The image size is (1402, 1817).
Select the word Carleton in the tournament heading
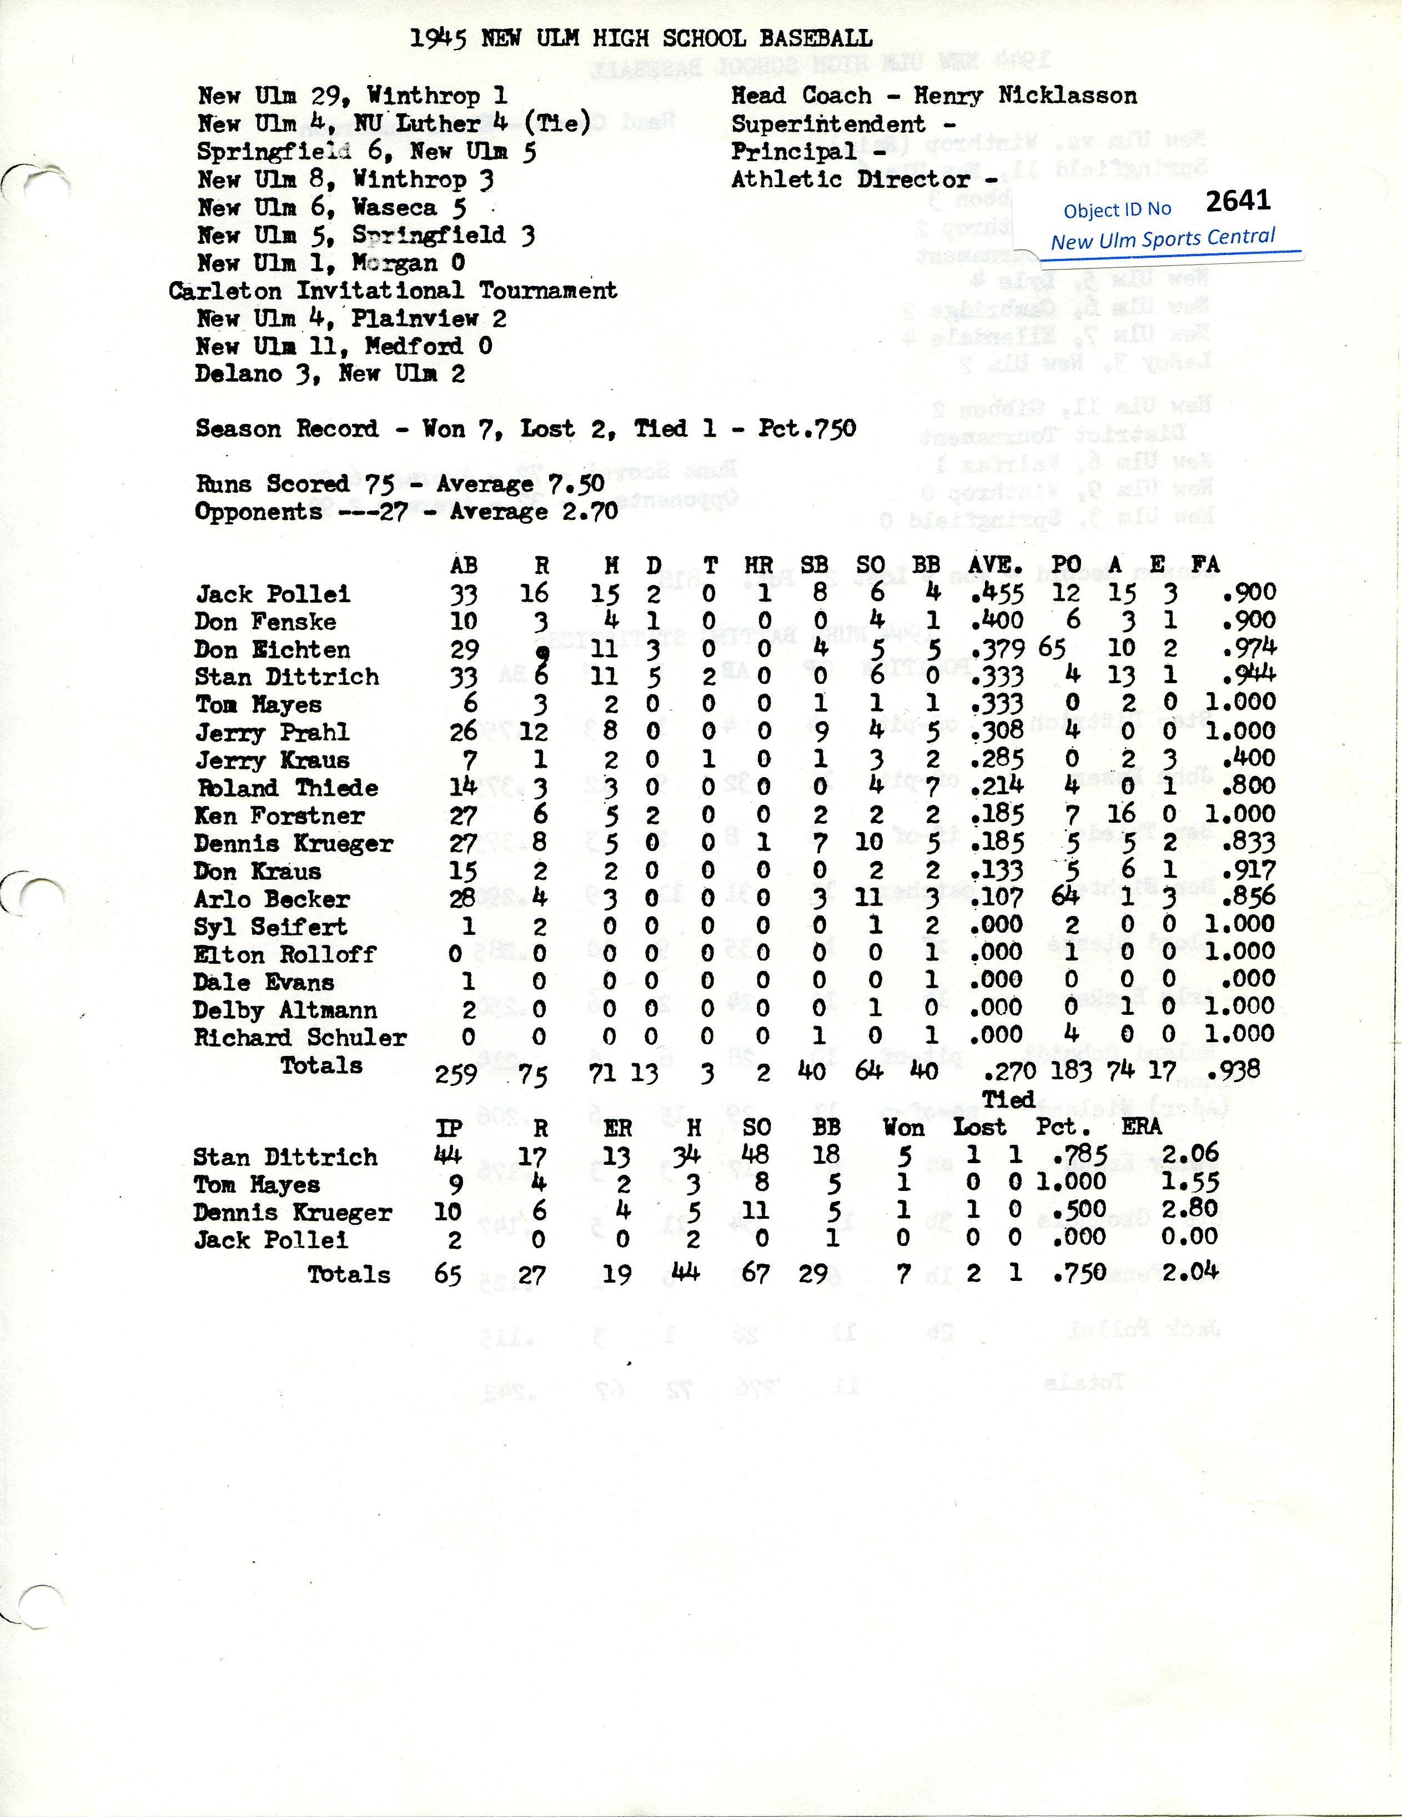click(x=226, y=291)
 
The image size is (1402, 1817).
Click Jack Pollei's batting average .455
click(x=997, y=594)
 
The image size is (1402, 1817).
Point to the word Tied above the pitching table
click(x=1008, y=1100)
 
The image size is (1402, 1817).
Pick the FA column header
click(x=1204, y=565)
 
